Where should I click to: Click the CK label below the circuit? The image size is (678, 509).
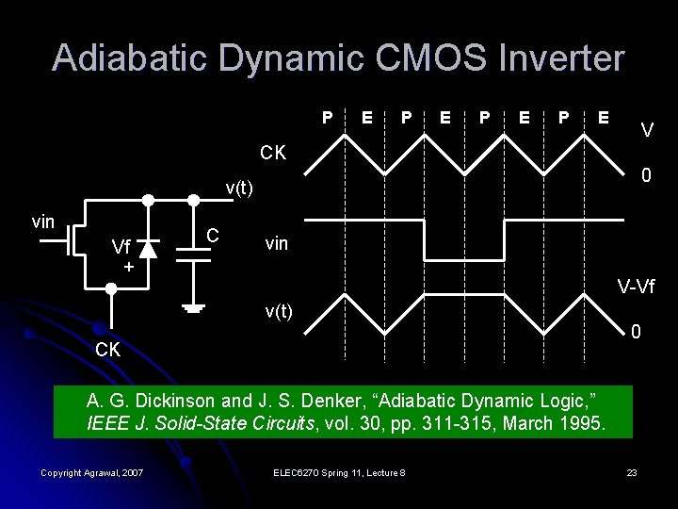pos(108,349)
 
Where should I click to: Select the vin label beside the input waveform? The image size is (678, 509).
pos(278,243)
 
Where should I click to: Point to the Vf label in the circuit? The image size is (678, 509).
pos(121,248)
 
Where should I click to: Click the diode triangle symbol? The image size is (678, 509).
pos(147,249)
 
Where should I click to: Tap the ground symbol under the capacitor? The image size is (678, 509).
pos(194,307)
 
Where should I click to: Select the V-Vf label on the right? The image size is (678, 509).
pos(637,286)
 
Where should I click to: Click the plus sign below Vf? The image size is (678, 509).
pos(129,268)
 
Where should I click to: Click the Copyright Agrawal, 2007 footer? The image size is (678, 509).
pos(92,472)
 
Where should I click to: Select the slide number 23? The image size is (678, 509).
pos(632,472)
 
